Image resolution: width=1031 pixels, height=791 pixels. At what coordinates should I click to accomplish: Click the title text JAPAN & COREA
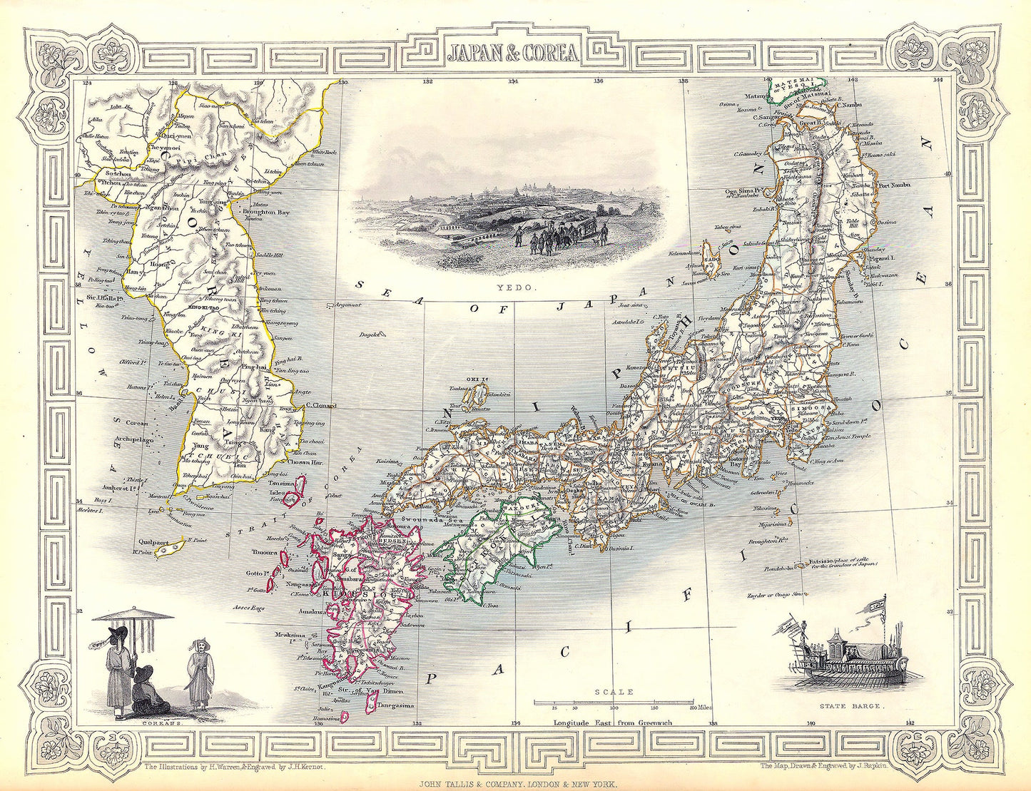click(x=513, y=52)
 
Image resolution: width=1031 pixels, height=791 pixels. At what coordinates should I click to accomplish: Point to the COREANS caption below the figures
click(x=162, y=722)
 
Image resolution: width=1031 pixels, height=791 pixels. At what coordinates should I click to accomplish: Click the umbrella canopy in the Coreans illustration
click(x=133, y=614)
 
